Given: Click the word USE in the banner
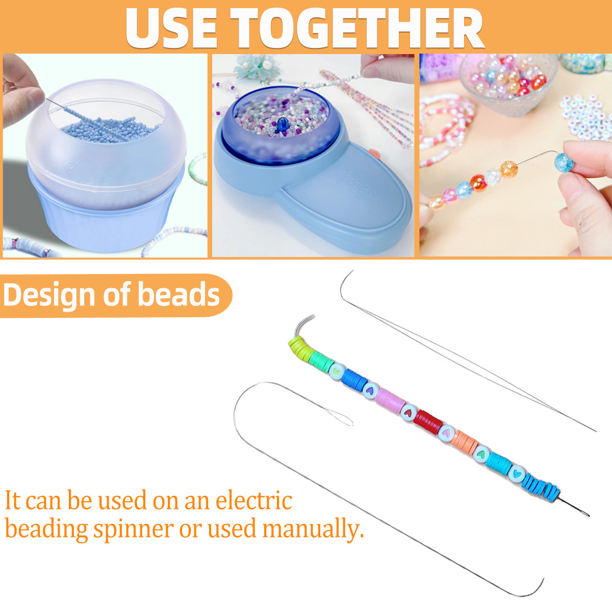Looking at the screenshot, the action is tap(171, 28).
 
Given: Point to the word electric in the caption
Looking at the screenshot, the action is tap(254, 500).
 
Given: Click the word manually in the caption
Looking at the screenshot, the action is tap(313, 529).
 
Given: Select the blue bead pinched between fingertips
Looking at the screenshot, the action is tap(564, 162).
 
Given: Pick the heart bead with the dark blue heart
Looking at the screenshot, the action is tap(370, 389).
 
